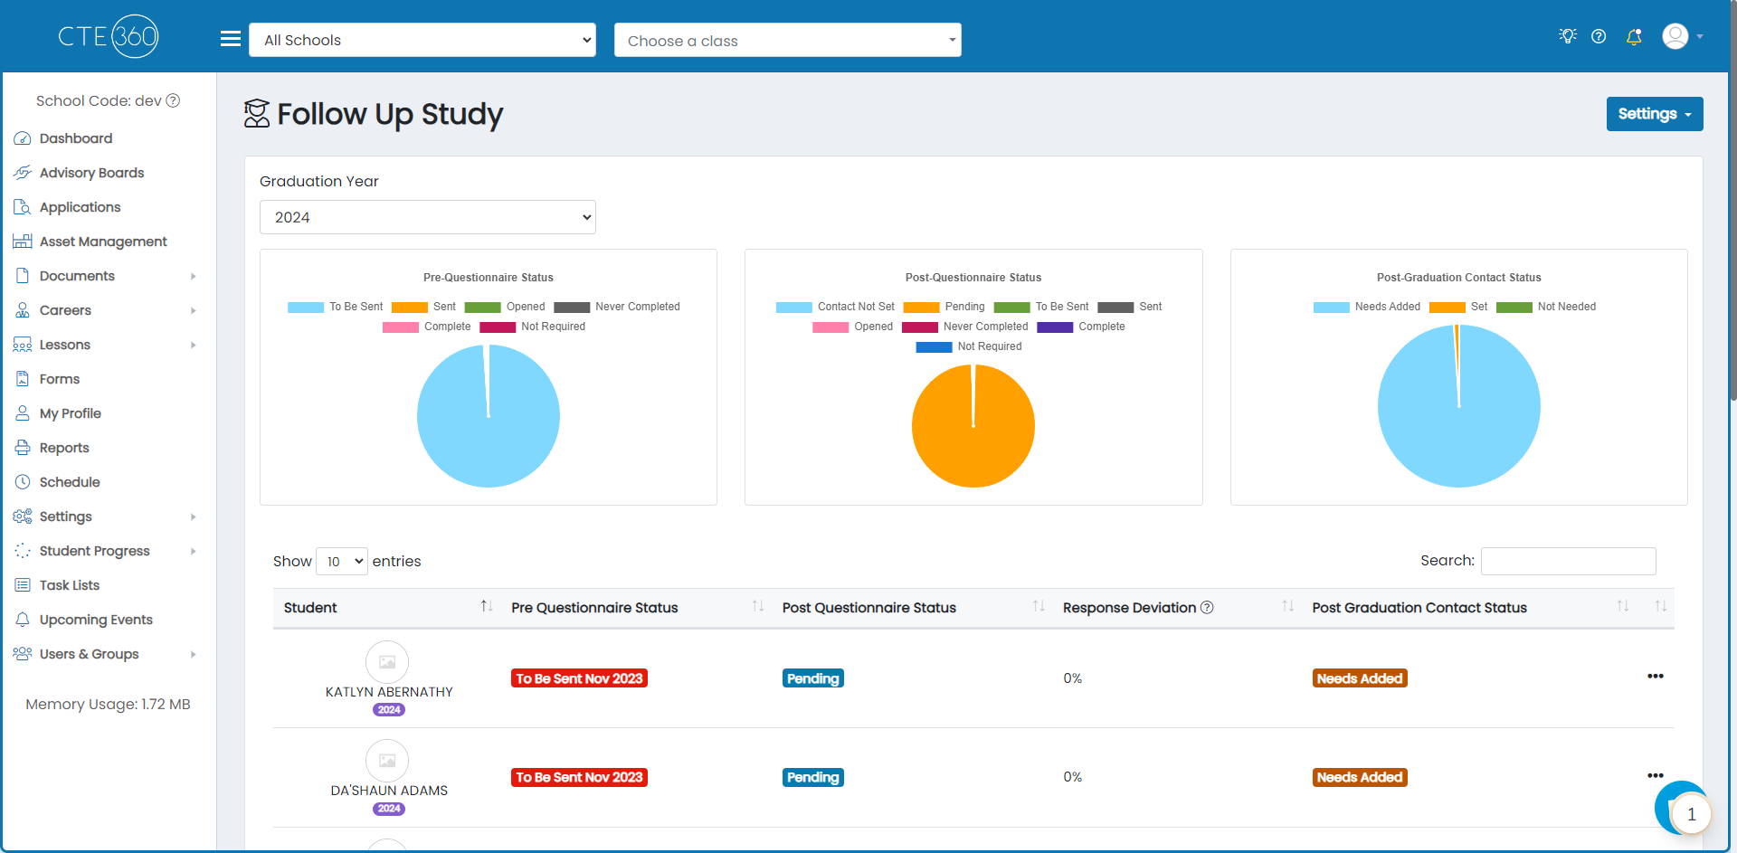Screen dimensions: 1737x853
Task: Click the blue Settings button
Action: point(1654,114)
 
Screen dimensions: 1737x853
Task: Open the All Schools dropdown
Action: point(422,40)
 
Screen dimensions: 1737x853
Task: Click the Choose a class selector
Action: point(787,40)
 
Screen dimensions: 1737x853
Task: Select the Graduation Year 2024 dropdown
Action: point(427,217)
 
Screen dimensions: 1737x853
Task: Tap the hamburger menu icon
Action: point(231,39)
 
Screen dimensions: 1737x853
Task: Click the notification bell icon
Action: point(1634,36)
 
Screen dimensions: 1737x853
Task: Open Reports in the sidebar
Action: point(64,448)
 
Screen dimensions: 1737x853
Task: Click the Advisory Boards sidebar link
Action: point(91,173)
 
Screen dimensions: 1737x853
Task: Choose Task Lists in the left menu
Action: point(70,585)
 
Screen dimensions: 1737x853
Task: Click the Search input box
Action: point(1568,561)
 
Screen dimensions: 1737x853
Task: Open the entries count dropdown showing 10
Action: point(342,562)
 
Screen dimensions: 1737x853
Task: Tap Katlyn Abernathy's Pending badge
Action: point(813,678)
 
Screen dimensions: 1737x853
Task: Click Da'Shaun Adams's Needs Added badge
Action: point(1360,777)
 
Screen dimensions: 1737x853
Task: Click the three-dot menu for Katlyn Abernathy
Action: point(1656,677)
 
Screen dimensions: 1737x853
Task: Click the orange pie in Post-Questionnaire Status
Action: point(973,426)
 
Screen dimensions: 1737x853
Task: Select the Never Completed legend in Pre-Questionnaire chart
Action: point(617,307)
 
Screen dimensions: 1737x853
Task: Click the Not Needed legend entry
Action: point(1546,307)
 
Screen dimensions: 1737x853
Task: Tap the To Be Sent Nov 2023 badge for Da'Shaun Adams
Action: point(579,777)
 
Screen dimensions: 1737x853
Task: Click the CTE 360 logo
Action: point(109,36)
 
